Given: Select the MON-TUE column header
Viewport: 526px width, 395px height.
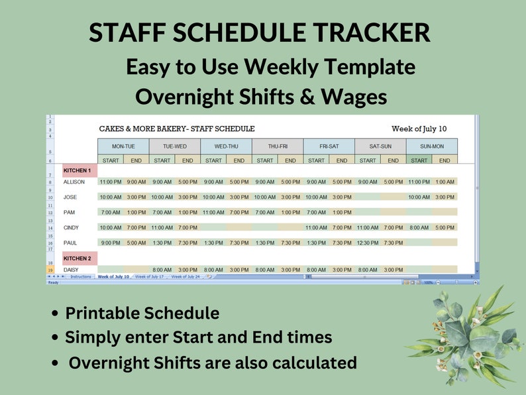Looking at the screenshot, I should click(x=123, y=146).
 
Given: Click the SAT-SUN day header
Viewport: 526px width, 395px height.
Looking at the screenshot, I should click(x=380, y=146).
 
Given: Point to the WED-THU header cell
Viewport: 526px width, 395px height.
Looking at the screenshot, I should click(x=226, y=146).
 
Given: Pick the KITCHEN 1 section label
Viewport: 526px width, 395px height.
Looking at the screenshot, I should click(x=78, y=171).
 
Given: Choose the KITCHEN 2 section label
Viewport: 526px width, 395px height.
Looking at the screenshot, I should click(x=78, y=258).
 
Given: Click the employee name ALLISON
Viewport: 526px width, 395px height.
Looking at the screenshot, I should click(x=75, y=182).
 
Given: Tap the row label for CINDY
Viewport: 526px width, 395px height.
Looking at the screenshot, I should click(x=70, y=227).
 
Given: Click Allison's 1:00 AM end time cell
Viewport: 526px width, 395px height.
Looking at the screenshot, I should click(x=445, y=182).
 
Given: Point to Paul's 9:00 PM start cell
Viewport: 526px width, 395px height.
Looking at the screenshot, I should click(x=111, y=243).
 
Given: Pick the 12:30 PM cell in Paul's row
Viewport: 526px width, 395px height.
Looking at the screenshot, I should click(x=367, y=243).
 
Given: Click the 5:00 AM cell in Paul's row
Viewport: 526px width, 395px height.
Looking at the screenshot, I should click(x=136, y=243).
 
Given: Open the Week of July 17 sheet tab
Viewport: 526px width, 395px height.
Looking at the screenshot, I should click(x=149, y=276).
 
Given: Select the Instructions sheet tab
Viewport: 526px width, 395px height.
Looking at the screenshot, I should click(x=81, y=276).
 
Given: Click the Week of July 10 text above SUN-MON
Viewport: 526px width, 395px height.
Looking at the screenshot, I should click(x=419, y=129).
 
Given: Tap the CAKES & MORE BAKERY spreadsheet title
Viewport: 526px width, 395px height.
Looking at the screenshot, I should click(x=176, y=129).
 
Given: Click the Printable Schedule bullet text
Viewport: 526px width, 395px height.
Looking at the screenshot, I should click(x=142, y=313).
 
